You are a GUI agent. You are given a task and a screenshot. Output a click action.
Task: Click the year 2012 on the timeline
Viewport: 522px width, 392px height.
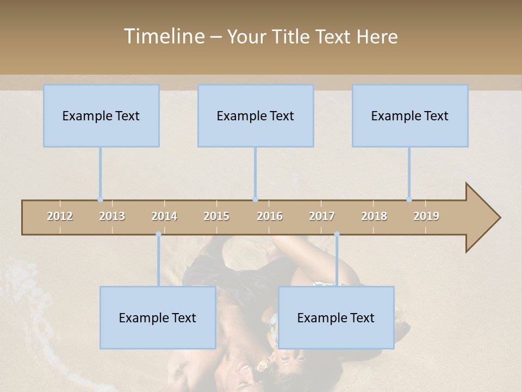coord(60,216)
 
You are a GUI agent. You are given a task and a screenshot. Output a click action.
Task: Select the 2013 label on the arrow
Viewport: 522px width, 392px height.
coord(112,216)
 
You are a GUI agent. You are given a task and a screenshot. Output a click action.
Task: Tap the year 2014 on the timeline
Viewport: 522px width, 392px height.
coord(164,216)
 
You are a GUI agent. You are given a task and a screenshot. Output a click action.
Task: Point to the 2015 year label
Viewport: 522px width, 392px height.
coord(216,216)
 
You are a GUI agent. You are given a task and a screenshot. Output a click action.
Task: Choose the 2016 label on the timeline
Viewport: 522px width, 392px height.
coord(270,216)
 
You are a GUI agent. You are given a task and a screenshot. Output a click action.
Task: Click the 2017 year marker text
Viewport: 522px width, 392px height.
coord(322,216)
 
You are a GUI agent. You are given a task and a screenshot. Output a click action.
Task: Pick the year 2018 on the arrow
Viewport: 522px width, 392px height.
coord(374,216)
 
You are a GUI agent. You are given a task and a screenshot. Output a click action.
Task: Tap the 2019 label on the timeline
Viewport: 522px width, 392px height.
coord(426,216)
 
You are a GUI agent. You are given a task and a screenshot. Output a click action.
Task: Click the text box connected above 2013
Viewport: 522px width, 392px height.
coord(101,115)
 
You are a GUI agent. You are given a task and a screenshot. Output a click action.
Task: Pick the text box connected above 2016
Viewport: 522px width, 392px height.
coord(256,115)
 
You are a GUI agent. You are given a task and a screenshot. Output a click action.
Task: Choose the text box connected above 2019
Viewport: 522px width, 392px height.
coord(410,115)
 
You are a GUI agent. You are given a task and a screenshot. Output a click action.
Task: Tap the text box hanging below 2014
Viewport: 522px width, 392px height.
coord(158,317)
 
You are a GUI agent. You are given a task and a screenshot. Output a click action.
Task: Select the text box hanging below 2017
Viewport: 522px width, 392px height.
coord(336,317)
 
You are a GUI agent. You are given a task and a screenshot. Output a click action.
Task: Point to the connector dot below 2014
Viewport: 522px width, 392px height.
coord(158,234)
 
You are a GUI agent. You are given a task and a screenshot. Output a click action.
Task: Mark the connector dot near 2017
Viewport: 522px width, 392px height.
coord(337,234)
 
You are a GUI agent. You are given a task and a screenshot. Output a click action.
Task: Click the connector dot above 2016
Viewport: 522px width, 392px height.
coord(255,200)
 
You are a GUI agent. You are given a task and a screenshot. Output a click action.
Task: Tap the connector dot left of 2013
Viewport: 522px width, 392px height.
coord(100,200)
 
